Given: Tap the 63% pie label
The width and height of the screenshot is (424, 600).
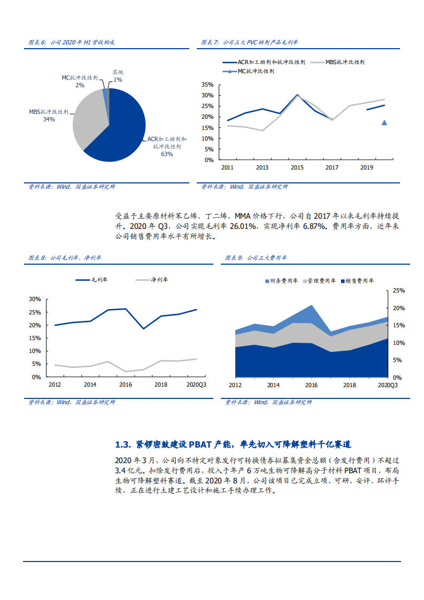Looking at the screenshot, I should (167, 154).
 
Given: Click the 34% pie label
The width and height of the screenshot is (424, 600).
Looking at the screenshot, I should (49, 119).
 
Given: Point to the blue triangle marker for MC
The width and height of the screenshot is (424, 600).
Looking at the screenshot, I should (384, 122).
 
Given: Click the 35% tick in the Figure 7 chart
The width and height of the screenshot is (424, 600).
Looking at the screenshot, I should (208, 84).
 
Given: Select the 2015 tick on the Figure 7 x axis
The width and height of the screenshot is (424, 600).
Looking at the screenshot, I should (297, 168).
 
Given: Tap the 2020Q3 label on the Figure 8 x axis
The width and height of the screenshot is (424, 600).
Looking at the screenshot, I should (196, 384).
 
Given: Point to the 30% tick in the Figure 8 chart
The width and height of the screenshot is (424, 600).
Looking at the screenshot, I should (35, 299).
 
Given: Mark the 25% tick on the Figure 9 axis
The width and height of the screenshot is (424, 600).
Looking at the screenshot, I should (399, 290).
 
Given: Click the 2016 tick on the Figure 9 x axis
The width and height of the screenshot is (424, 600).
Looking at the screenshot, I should (311, 385).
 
